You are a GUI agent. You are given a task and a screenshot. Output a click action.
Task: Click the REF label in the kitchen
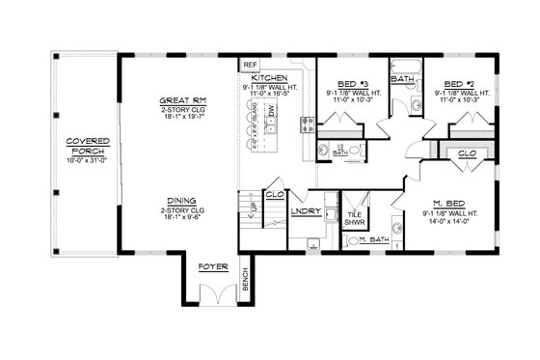point(249,65)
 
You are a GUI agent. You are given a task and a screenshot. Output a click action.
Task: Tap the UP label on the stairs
point(256,206)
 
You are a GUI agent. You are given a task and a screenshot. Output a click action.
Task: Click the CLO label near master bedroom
point(466,152)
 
